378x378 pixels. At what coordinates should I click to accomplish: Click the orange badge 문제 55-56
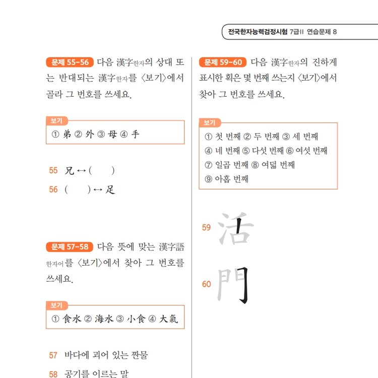(x=69, y=63)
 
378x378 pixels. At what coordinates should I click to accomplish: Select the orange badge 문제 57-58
(x=69, y=247)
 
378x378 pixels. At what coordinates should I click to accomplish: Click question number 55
(x=53, y=170)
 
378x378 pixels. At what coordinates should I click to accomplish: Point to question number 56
(x=53, y=190)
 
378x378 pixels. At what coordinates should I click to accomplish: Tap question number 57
(x=53, y=355)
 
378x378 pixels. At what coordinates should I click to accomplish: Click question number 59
(x=207, y=228)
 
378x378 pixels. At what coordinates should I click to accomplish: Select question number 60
(x=207, y=284)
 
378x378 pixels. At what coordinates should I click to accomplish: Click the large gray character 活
(x=235, y=228)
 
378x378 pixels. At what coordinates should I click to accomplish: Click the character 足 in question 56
(x=110, y=190)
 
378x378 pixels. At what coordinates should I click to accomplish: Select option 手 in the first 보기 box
(x=135, y=135)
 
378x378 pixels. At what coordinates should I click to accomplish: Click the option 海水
(x=104, y=319)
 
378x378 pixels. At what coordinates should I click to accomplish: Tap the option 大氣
(x=168, y=319)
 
